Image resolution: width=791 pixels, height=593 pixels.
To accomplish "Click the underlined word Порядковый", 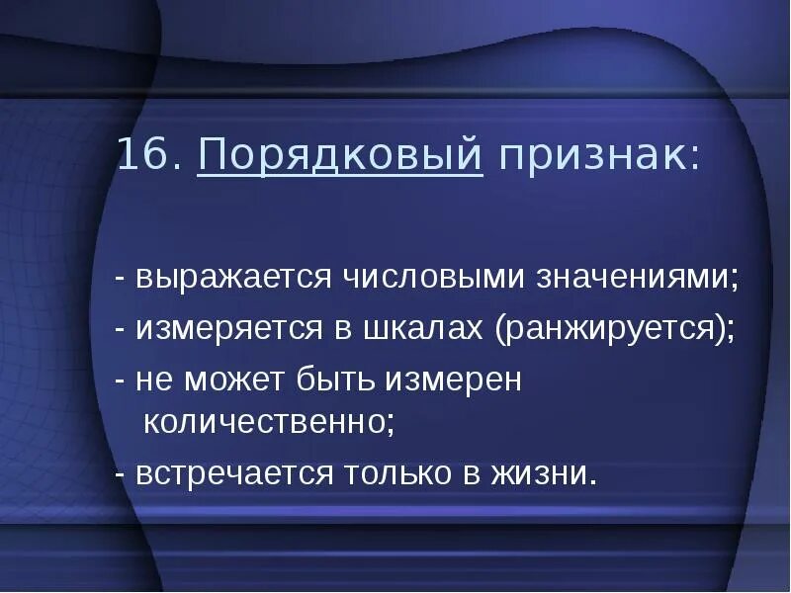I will click(x=340, y=157).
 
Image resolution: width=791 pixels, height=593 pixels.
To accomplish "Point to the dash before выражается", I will click(x=120, y=280).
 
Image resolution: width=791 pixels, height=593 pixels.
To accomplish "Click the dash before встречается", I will click(x=120, y=474).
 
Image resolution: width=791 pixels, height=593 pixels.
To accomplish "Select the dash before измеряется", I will click(x=120, y=329).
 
